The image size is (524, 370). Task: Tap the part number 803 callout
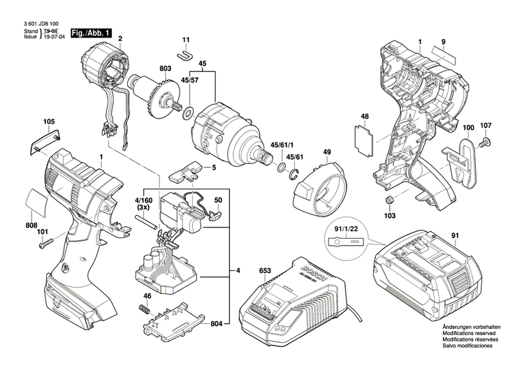pos(165,69)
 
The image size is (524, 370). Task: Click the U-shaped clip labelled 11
pos(185,53)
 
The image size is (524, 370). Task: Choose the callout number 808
pos(31,225)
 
